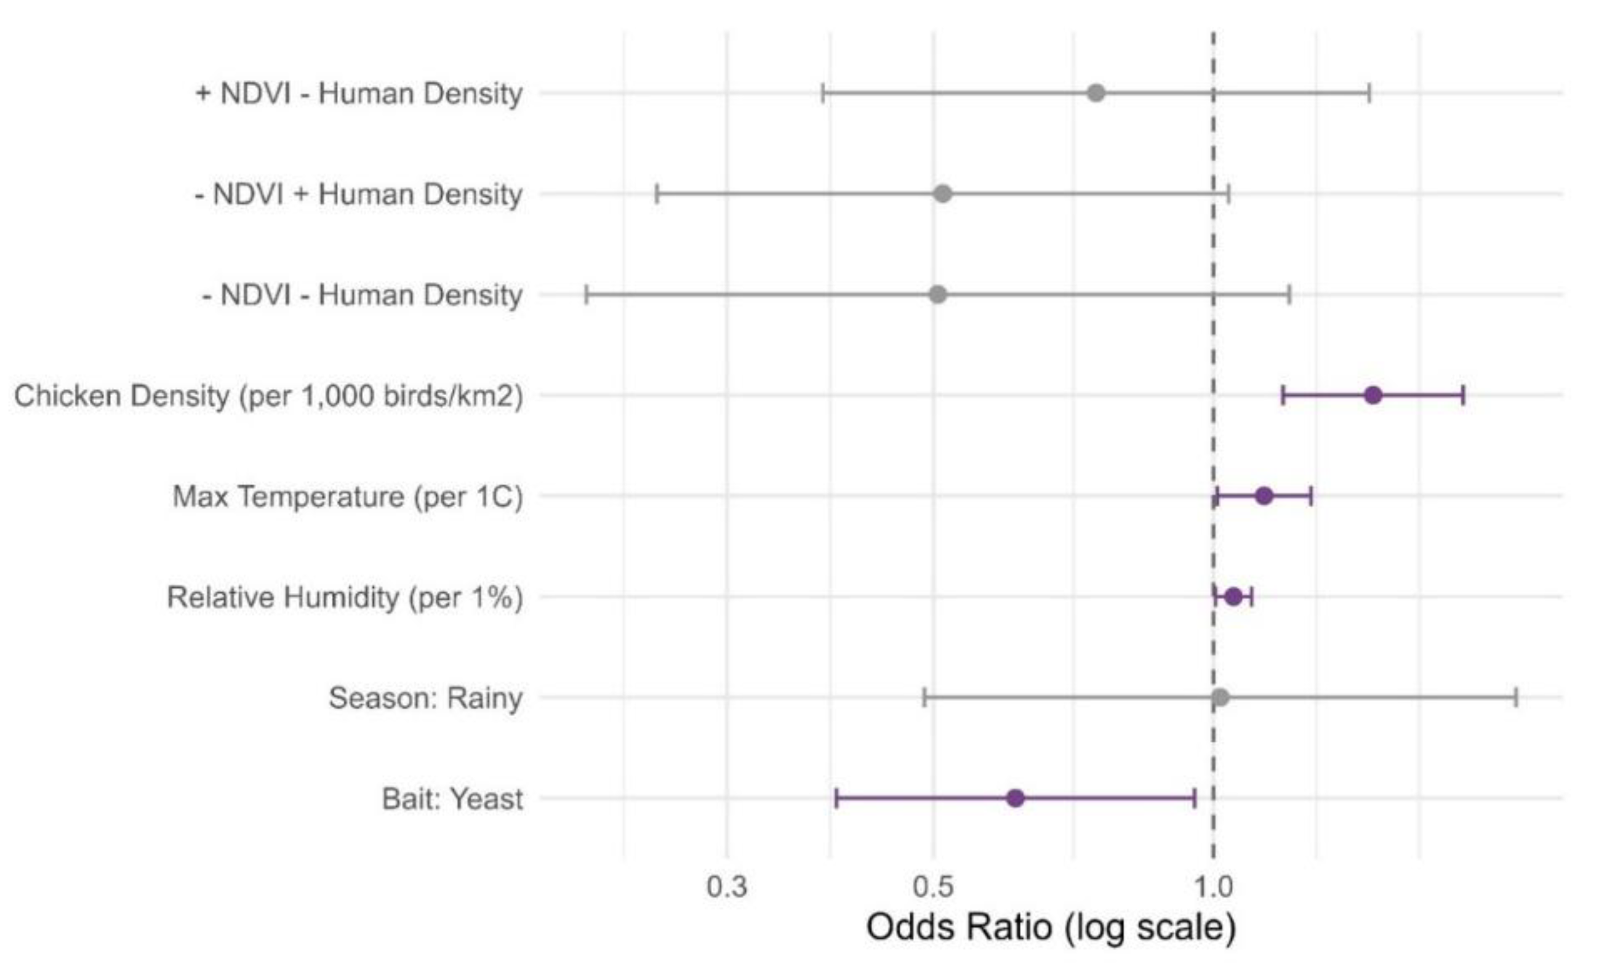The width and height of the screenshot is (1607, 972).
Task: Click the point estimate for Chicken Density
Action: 1373,395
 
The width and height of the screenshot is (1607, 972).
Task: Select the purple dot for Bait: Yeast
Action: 1015,798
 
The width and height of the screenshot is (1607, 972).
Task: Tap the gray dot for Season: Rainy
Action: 1220,697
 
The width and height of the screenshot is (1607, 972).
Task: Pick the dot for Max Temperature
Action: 1264,496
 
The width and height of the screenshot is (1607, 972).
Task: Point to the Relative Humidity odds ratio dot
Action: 1233,596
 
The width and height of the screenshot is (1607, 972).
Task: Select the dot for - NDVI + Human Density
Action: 942,194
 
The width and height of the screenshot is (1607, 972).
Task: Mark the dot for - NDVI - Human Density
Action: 937,295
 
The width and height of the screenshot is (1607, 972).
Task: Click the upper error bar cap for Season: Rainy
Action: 1516,697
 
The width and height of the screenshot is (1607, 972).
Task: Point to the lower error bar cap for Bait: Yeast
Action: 836,798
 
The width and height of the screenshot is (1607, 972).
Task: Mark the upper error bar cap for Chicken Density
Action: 1464,395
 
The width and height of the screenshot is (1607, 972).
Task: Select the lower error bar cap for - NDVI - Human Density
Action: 587,295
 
